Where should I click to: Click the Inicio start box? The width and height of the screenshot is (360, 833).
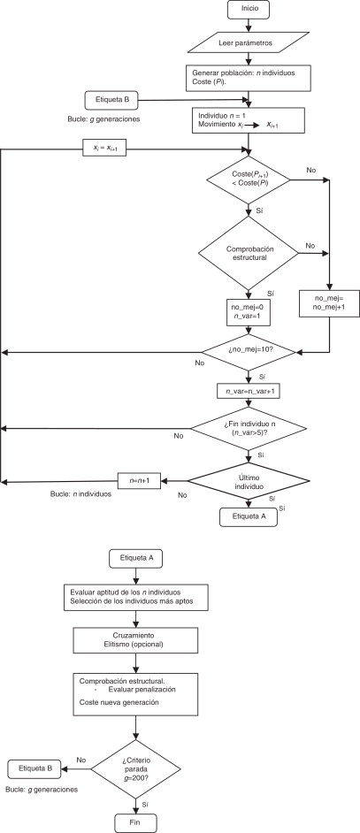pyautogui.click(x=248, y=11)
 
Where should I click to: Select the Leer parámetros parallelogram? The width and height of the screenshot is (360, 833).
pyautogui.click(x=248, y=42)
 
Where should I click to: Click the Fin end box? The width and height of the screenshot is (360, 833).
pyautogui.click(x=135, y=820)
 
